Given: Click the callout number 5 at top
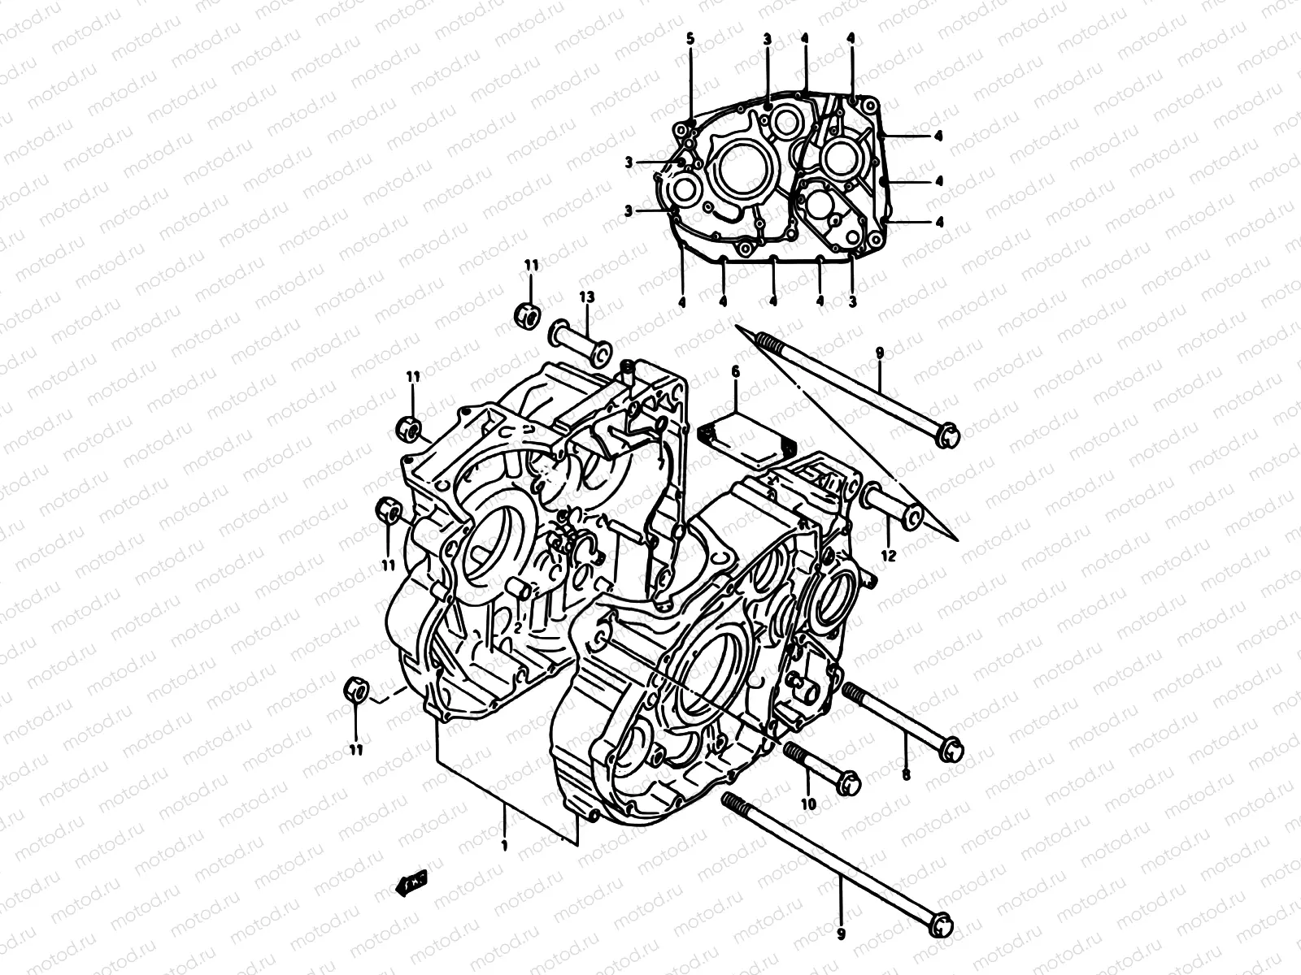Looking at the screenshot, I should [690, 38].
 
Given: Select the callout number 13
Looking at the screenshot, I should [587, 298].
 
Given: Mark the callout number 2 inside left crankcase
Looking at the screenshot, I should [517, 627].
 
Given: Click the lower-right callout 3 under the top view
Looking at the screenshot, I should [852, 301].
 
